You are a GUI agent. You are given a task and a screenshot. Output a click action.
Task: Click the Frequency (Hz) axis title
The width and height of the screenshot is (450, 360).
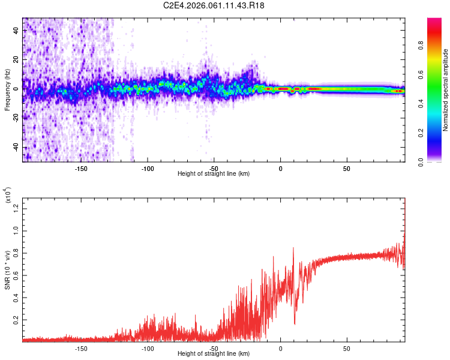7,89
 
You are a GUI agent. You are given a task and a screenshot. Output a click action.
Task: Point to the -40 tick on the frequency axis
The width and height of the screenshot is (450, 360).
15,147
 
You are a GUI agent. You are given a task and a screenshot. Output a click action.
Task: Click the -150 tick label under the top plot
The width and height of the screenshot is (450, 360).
82,168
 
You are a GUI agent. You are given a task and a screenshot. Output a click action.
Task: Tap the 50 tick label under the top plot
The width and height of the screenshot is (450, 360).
347,168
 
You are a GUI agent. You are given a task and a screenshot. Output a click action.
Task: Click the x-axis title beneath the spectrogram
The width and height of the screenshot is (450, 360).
214,174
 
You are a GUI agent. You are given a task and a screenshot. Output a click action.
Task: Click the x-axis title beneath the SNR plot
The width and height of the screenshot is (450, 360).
214,354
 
